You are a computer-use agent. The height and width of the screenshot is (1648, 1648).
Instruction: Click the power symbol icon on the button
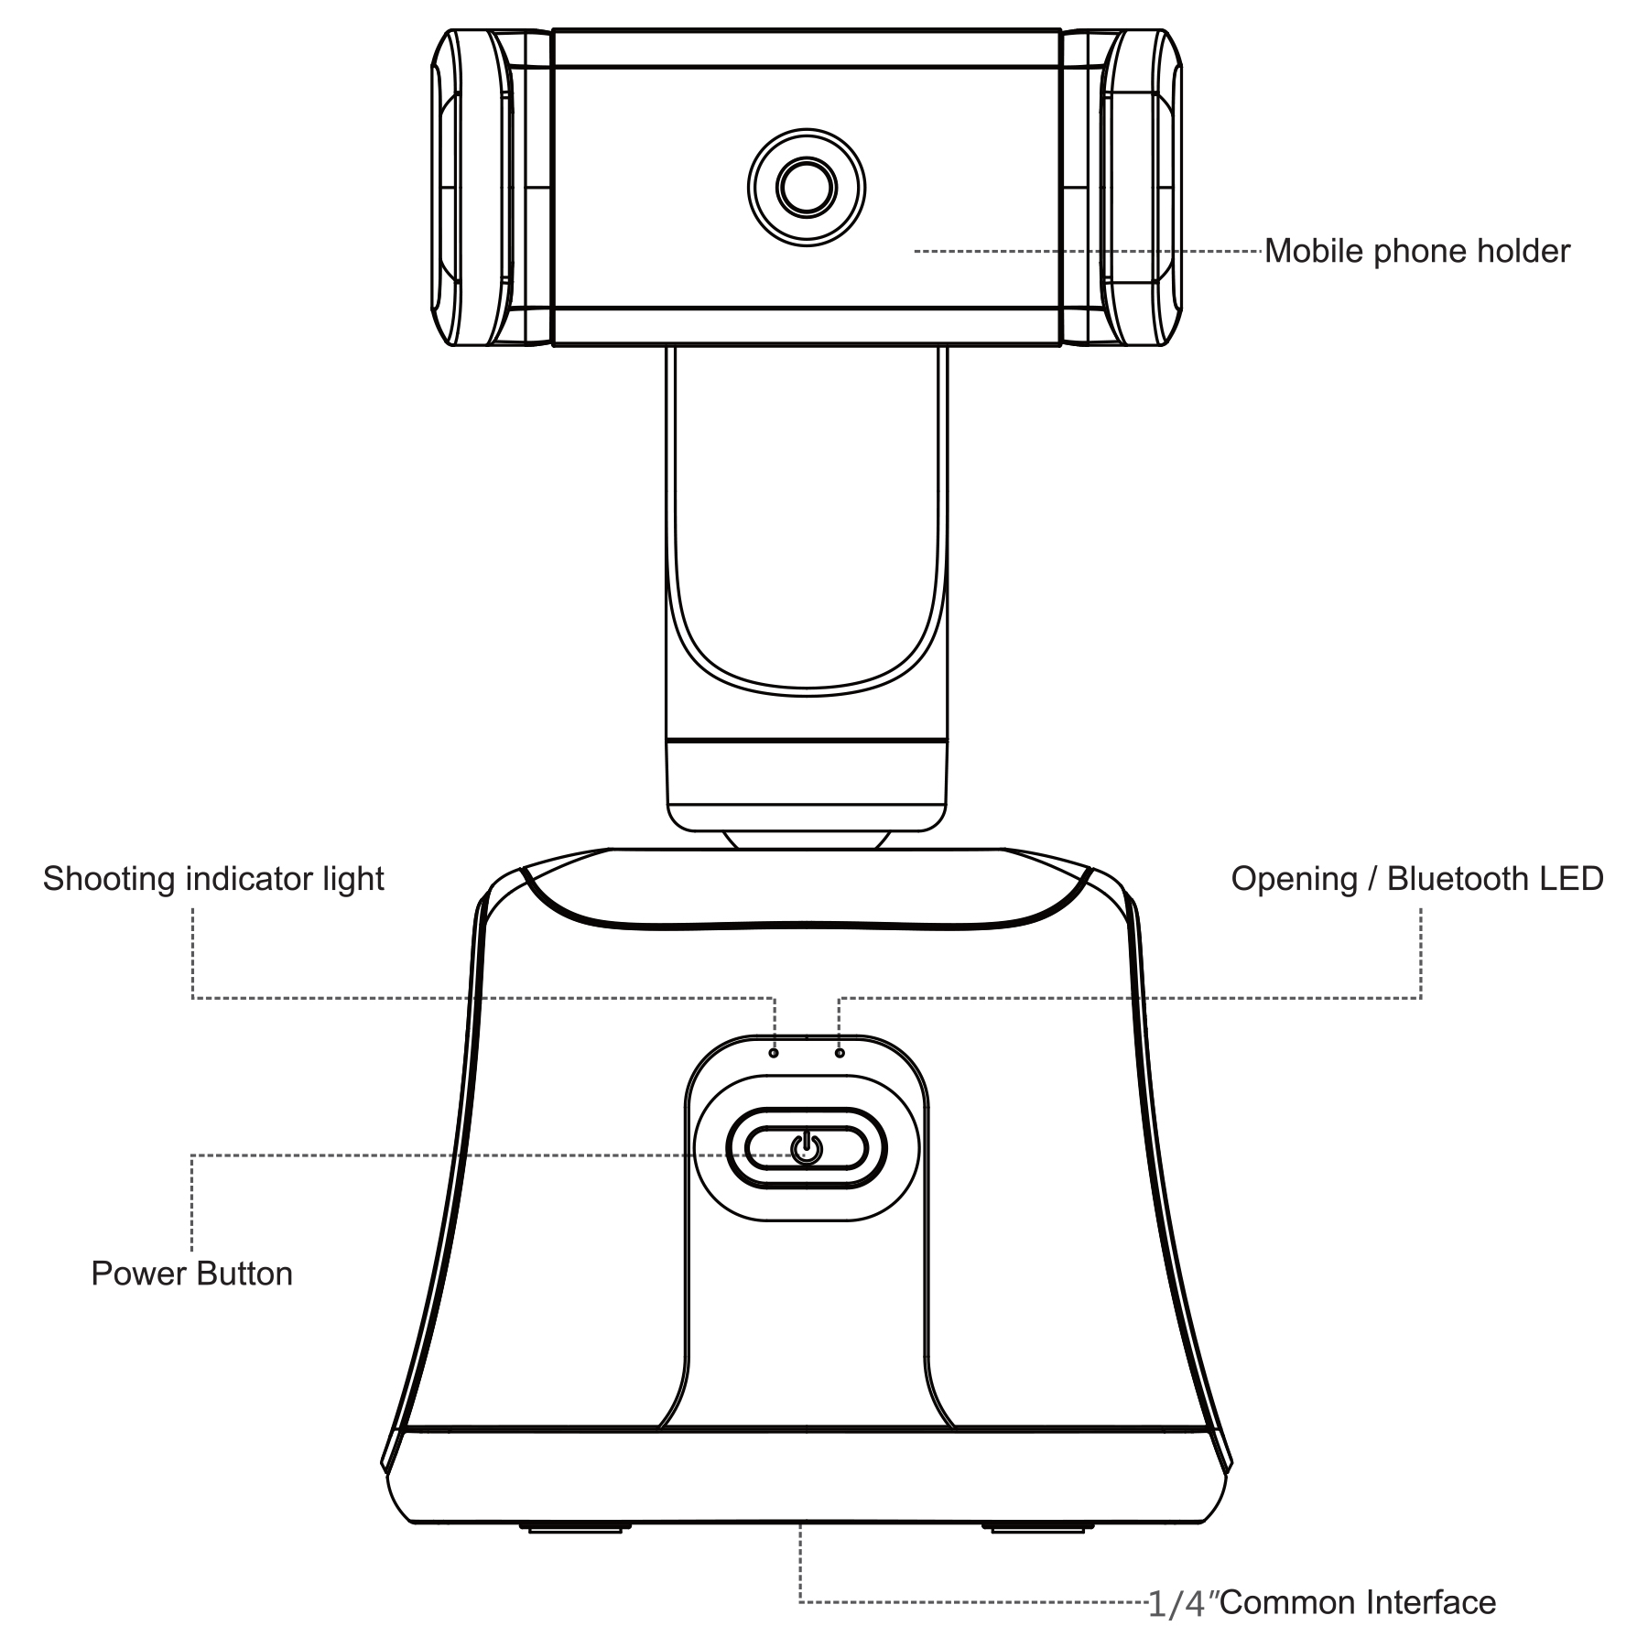pos(807,1147)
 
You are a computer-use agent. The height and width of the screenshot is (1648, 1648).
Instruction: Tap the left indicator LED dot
pos(775,1053)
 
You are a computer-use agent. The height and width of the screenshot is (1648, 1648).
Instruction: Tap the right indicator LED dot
pos(840,1053)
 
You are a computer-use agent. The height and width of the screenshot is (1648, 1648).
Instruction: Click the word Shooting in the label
pos(109,879)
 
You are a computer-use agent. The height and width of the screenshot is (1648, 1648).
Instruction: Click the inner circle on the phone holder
pos(807,188)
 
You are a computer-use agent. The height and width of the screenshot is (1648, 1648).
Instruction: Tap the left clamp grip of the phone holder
pos(472,188)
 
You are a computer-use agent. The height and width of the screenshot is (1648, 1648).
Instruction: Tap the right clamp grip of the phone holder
pos(1140,188)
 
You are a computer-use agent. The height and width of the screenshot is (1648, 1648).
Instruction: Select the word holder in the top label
pos(1523,251)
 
